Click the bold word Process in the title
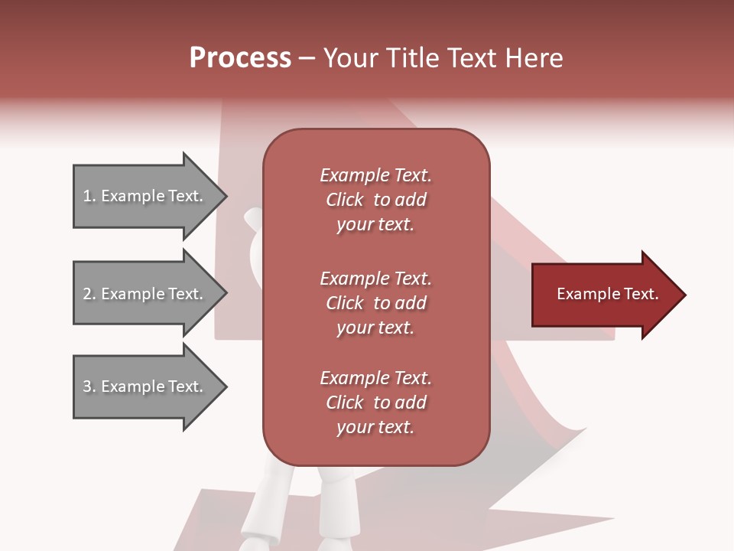[x=240, y=58]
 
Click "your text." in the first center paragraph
[x=375, y=225]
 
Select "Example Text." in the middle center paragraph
[x=375, y=279]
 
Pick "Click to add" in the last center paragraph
[x=375, y=403]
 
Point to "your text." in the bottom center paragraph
[x=375, y=428]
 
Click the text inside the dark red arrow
[x=607, y=294]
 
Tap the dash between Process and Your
[x=307, y=58]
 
